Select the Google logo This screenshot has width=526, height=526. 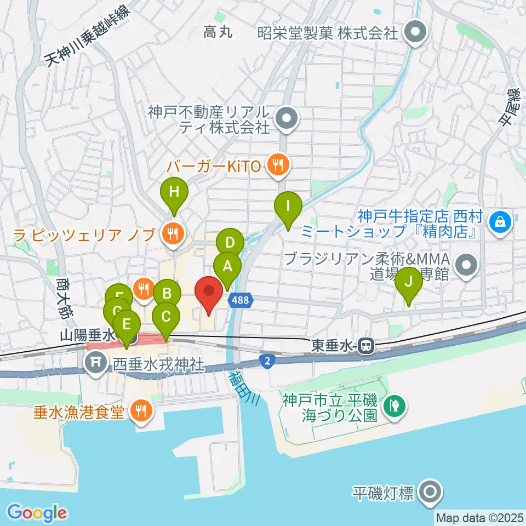(37, 513)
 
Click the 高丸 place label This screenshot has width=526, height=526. (218, 32)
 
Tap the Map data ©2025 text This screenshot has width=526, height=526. (479, 517)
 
